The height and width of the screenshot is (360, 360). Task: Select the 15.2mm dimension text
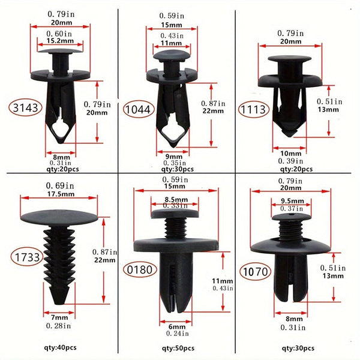tap(60, 41)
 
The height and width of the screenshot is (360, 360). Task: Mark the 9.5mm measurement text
tap(291, 201)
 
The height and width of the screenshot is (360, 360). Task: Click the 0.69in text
tap(60, 185)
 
